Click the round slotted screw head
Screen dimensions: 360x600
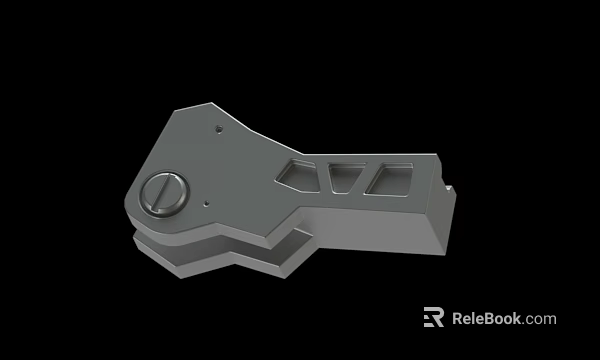[163, 193]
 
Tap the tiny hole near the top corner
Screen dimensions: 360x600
[219, 128]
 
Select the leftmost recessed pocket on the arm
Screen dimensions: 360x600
[296, 172]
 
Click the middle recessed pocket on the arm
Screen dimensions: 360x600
[346, 176]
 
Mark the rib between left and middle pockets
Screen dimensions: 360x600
[321, 174]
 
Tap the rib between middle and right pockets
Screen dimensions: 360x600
[367, 177]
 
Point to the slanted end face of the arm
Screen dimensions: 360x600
[441, 225]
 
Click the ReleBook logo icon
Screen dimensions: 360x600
[433, 318]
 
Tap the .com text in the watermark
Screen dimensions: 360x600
[539, 320]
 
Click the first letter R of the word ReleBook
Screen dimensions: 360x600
[458, 319]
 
